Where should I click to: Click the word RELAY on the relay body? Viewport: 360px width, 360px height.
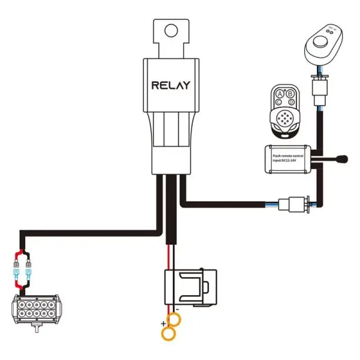pos(171,85)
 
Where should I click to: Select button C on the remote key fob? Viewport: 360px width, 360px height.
pos(278,103)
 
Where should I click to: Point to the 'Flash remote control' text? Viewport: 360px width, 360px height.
pos(289,155)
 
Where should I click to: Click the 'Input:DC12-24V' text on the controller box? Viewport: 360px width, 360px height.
pos(284,161)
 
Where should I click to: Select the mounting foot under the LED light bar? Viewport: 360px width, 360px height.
pos(28,330)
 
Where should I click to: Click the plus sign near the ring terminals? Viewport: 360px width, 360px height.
pos(163,324)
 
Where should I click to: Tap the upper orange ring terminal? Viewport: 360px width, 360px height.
pos(170,317)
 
